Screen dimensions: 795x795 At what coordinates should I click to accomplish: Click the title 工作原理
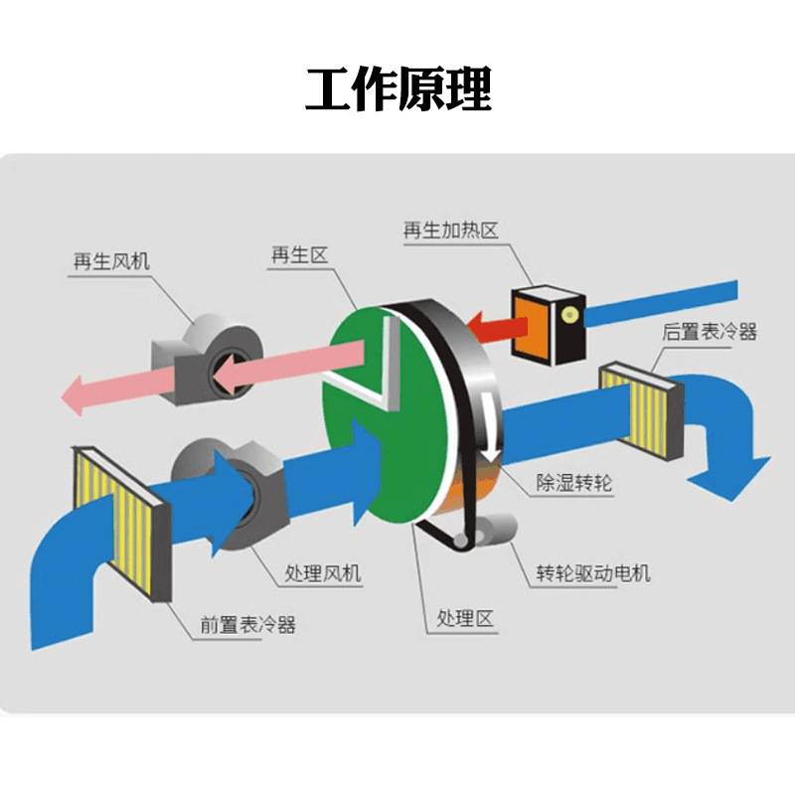click(397, 90)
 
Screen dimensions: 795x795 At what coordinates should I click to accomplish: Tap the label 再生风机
click(111, 261)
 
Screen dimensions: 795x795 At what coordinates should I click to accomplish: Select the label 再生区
click(299, 255)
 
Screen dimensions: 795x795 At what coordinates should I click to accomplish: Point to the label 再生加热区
click(450, 231)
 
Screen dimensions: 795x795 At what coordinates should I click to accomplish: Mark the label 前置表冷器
click(247, 625)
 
